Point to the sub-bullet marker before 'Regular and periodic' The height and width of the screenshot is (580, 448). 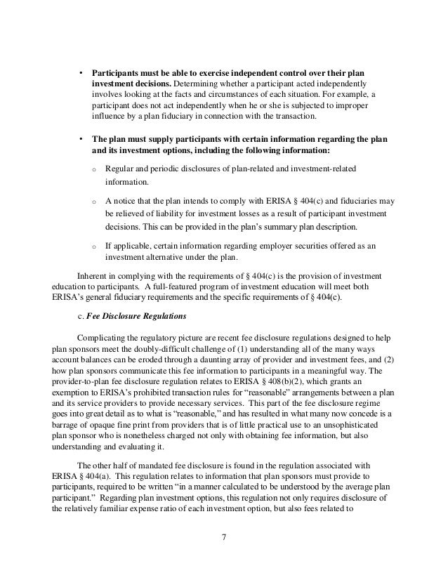click(94, 170)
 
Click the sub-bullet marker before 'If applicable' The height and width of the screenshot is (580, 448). click(94, 246)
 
